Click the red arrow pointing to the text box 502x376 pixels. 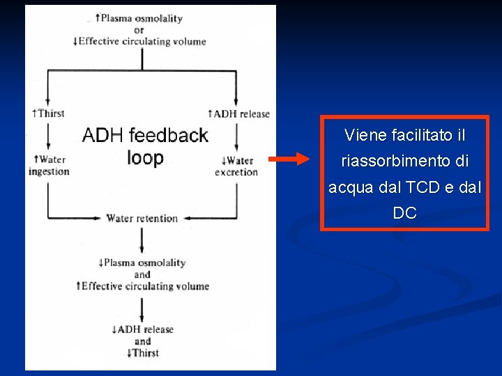click(x=289, y=159)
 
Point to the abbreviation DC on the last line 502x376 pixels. click(x=404, y=213)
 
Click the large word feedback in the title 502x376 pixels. click(x=167, y=135)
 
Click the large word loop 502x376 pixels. click(x=145, y=157)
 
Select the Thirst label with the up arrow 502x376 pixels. click(x=49, y=113)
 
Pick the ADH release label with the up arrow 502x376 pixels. click(x=239, y=113)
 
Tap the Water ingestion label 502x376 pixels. click(x=49, y=166)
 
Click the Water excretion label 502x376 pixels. click(x=236, y=166)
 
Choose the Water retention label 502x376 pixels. click(x=142, y=218)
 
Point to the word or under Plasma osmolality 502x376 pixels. click(x=139, y=30)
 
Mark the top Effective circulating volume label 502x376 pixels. click(x=139, y=41)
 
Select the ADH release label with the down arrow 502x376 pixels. click(x=142, y=329)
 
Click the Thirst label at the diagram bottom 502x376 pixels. click(x=142, y=353)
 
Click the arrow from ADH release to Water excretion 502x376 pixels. click(x=237, y=136)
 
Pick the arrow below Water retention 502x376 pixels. click(x=142, y=240)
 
